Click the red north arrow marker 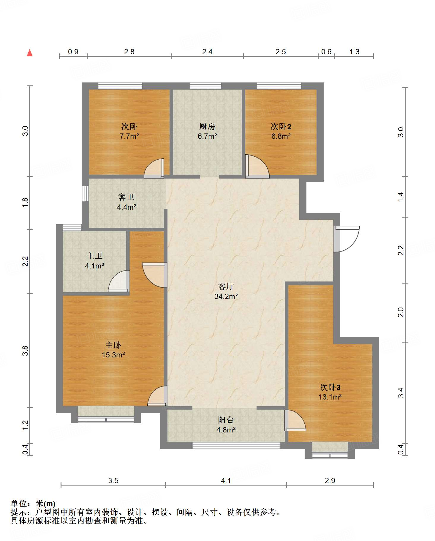[x=30, y=53]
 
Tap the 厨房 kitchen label [x=207, y=126]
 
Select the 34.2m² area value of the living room [x=226, y=296]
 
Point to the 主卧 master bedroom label [x=113, y=345]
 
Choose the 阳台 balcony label [x=226, y=420]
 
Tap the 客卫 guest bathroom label [x=126, y=197]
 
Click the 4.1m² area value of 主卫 [x=94, y=266]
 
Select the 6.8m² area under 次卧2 [x=281, y=136]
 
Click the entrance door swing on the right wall [x=347, y=239]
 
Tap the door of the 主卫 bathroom [x=119, y=281]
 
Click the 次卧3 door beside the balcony [x=295, y=420]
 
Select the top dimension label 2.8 [x=129, y=52]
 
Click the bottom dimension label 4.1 [x=226, y=480]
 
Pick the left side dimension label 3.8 [x=25, y=351]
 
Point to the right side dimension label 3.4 [x=401, y=393]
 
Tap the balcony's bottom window [x=236, y=445]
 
